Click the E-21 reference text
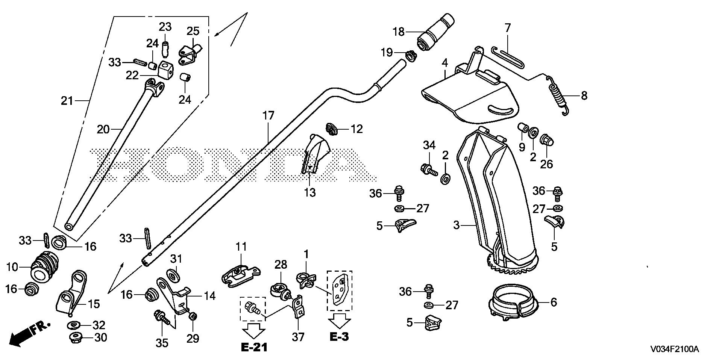pyautogui.click(x=254, y=347)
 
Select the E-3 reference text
pyautogui.click(x=339, y=337)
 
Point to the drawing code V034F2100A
pyautogui.click(x=675, y=349)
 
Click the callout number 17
pyautogui.click(x=268, y=116)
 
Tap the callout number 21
pyautogui.click(x=67, y=101)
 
